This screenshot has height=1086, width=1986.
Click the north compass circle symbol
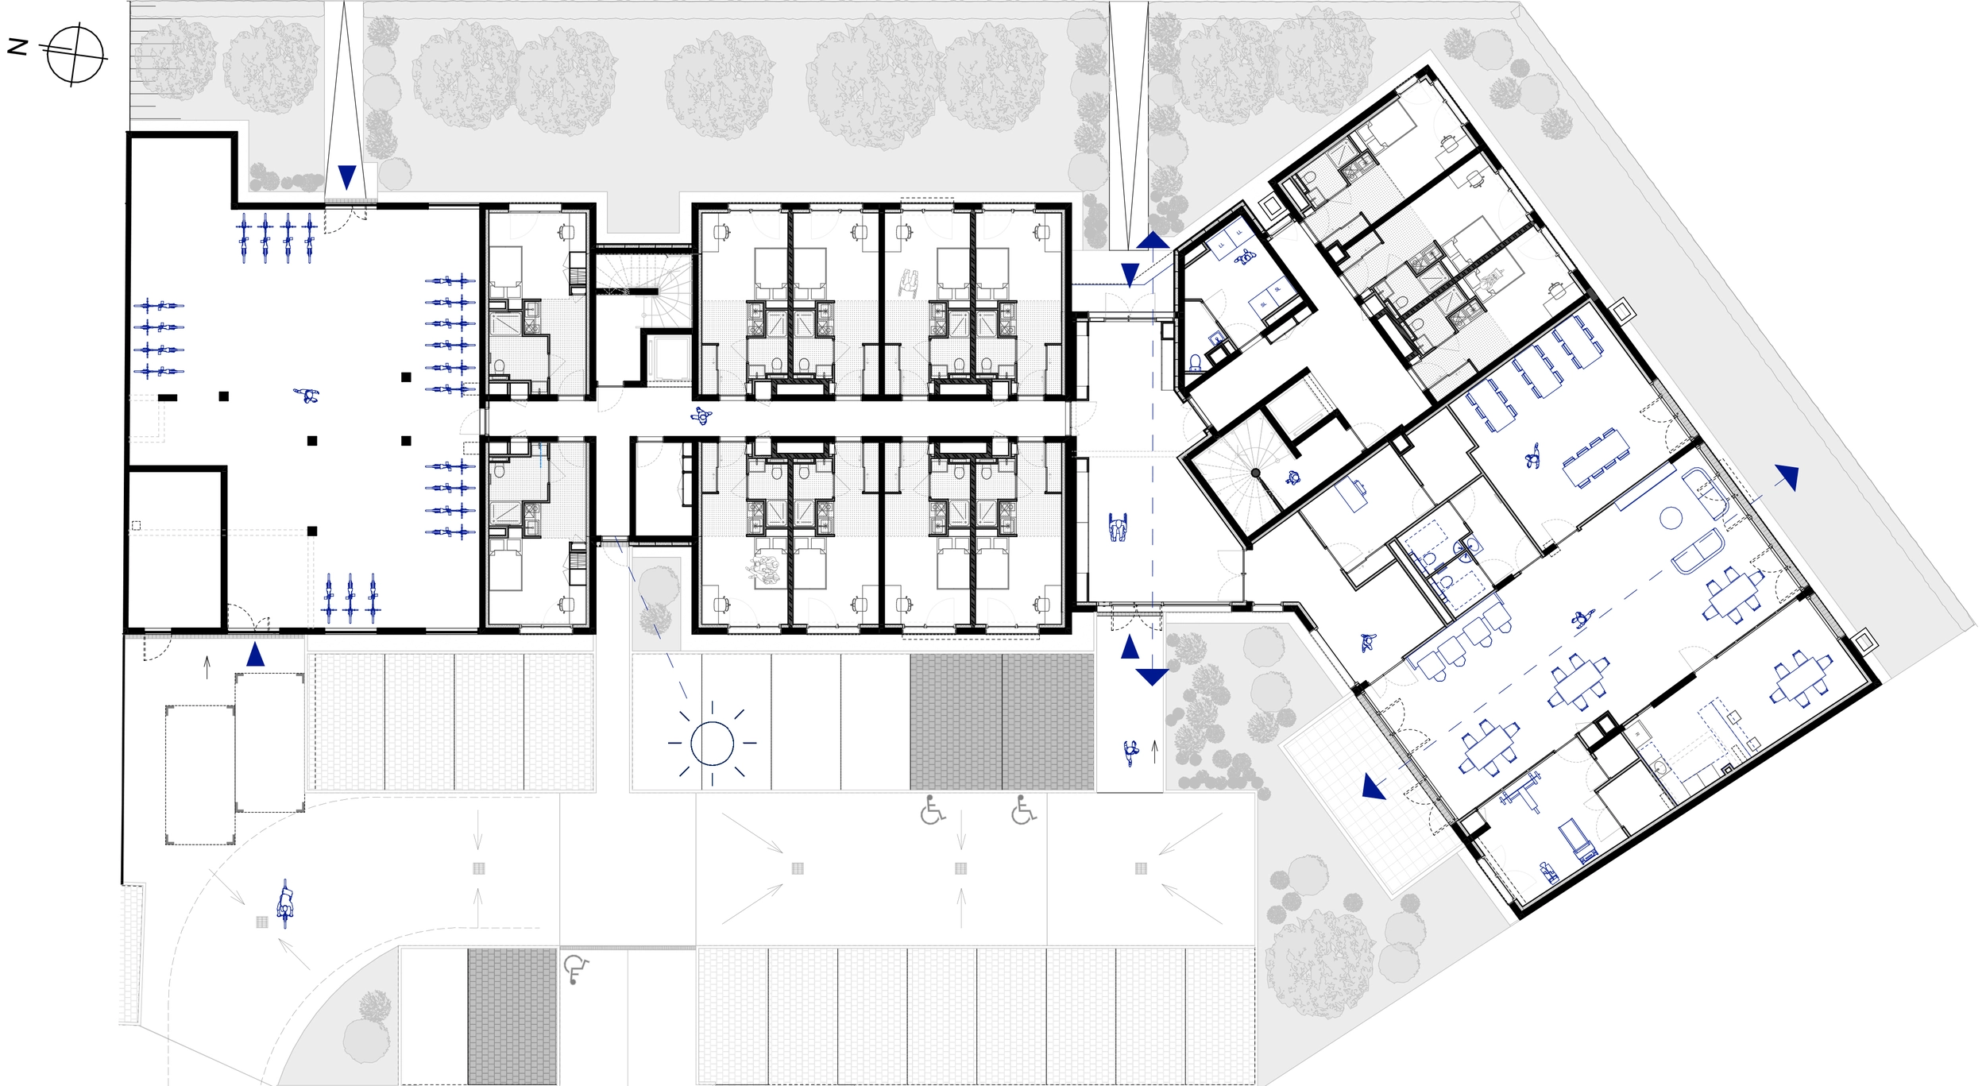point(75,55)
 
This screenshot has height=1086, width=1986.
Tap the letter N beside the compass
point(17,48)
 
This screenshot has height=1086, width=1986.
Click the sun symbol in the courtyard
point(712,743)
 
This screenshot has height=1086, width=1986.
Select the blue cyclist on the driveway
point(285,904)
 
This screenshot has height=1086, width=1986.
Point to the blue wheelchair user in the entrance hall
point(1118,528)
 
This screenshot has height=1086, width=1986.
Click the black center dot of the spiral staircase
point(1256,473)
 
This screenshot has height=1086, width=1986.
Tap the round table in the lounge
point(1671,519)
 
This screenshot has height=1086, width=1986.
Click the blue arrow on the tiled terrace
point(1374,786)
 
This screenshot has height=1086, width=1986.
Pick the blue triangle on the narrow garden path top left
point(347,176)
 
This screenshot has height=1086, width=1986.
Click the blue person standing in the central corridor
point(701,415)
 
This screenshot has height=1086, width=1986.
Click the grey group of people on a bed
point(764,569)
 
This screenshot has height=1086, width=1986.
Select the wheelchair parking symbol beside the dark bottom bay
point(575,970)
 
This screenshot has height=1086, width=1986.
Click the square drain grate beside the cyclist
point(261,922)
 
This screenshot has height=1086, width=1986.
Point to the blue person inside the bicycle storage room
point(307,395)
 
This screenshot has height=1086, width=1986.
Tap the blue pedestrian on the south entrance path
point(1131,752)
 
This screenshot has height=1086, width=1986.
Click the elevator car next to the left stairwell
point(669,360)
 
